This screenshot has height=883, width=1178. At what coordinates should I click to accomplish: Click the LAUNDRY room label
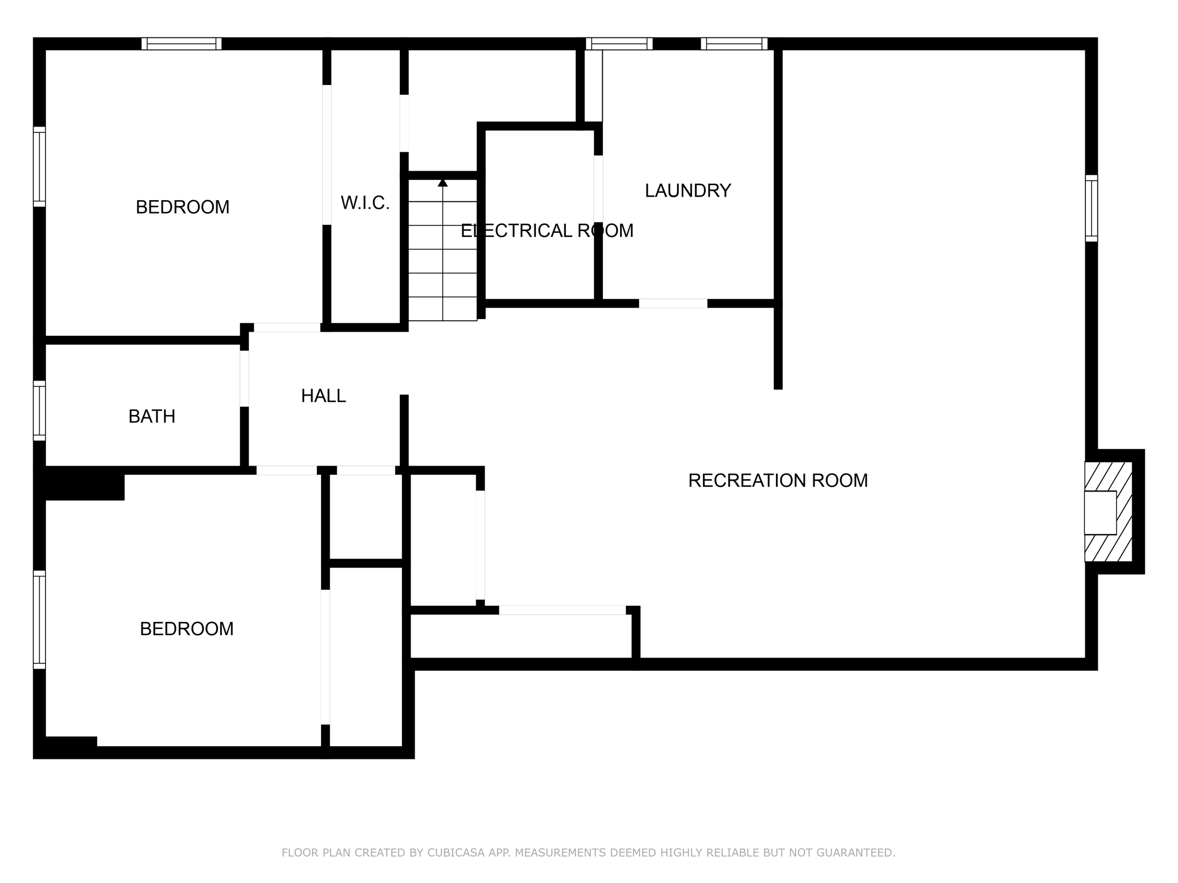(x=687, y=190)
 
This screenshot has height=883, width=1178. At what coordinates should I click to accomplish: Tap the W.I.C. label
(x=365, y=203)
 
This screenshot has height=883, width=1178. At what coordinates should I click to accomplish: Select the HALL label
(x=323, y=396)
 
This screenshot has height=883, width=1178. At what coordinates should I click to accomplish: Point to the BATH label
(x=152, y=416)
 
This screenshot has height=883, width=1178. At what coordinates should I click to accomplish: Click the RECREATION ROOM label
(x=778, y=481)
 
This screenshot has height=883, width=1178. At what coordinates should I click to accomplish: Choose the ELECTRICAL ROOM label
(x=546, y=231)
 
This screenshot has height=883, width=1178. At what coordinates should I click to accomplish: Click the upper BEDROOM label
(x=182, y=207)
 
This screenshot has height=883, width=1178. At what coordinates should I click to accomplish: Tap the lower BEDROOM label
(x=186, y=629)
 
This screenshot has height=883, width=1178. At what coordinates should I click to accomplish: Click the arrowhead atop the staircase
(x=442, y=183)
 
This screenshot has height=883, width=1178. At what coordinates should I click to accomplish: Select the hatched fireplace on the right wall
(x=1108, y=512)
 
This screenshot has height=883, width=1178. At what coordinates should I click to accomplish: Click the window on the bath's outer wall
(x=39, y=410)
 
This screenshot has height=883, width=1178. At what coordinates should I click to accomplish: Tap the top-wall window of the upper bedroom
(x=181, y=44)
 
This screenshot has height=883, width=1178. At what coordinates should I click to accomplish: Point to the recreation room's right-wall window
(x=1091, y=208)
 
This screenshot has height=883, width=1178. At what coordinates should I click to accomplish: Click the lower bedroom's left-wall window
(x=39, y=620)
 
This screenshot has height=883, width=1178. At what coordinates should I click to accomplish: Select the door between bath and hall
(x=244, y=378)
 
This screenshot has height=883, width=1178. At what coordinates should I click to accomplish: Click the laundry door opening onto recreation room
(x=672, y=304)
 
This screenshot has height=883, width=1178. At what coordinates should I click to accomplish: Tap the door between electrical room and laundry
(x=598, y=189)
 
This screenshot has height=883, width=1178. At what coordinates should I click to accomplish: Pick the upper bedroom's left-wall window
(x=39, y=166)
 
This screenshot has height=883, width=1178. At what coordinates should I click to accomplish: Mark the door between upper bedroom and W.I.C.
(x=327, y=154)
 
